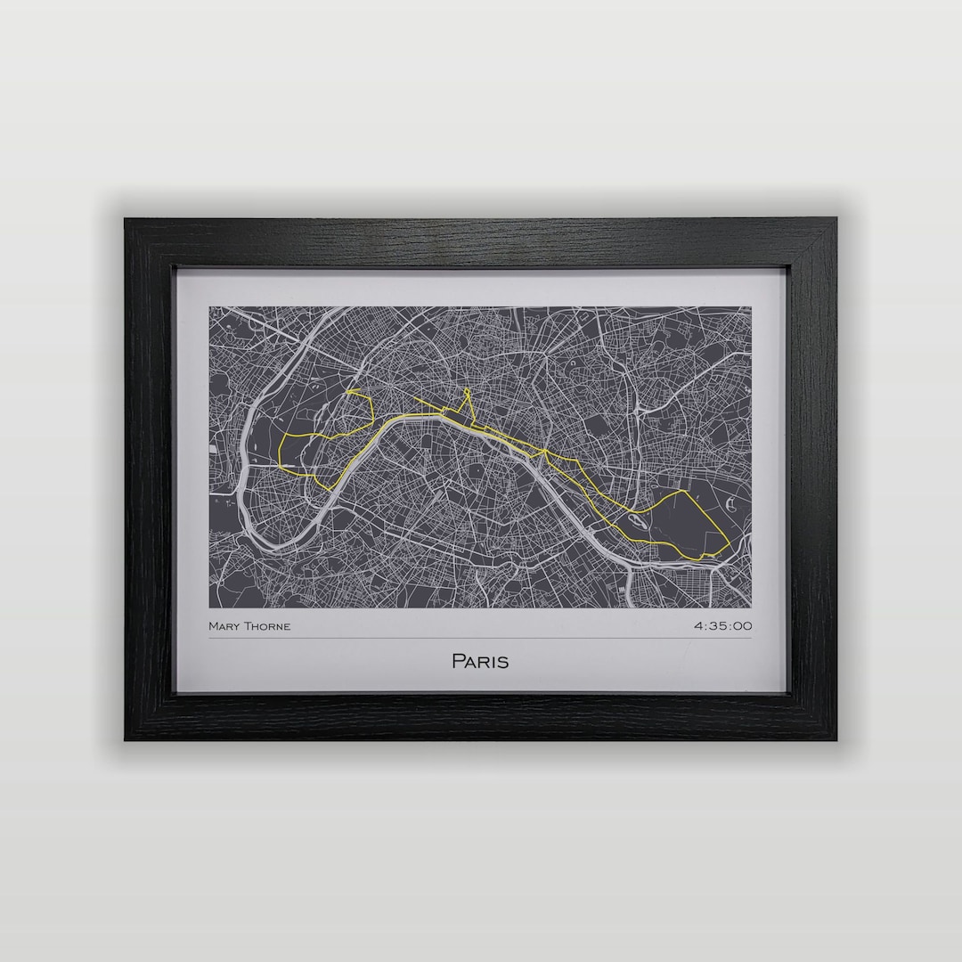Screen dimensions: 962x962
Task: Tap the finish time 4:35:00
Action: [722, 626]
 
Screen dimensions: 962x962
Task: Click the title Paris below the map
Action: [480, 662]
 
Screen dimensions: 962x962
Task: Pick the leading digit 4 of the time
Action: [698, 626]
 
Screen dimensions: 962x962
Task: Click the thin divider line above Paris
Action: [480, 639]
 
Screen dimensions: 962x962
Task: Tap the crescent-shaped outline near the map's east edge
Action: [731, 505]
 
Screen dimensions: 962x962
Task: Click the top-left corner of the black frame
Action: [126, 219]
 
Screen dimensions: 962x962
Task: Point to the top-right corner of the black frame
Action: [836, 219]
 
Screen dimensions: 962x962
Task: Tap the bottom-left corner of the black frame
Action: [126, 738]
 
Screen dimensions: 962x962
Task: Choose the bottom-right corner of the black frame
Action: [836, 738]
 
